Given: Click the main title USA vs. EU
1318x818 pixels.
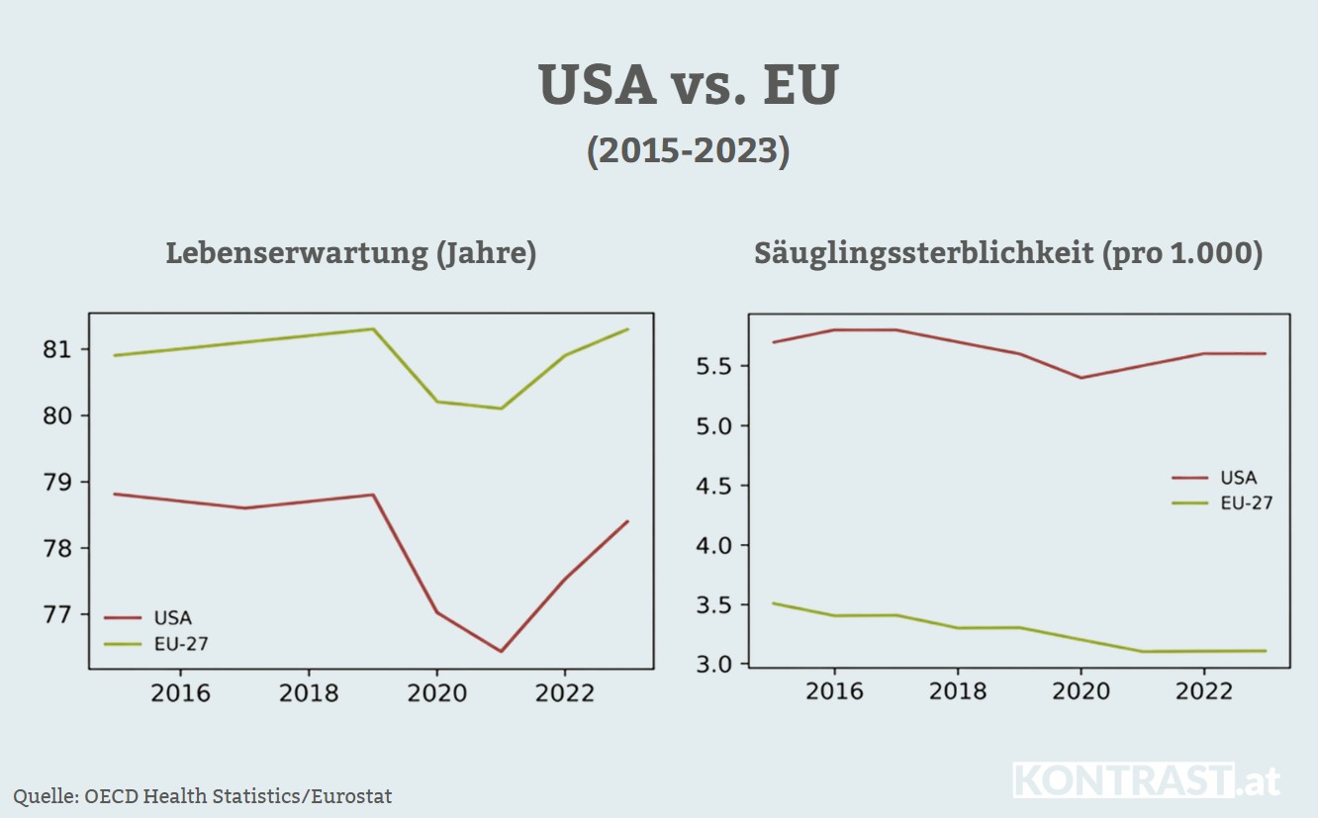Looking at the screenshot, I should tap(689, 86).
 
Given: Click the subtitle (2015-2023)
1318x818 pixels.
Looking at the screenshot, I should tap(689, 151).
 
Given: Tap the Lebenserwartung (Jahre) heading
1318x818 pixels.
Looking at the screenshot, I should tap(351, 253).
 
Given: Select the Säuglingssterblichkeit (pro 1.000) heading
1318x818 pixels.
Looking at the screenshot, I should tap(1008, 253).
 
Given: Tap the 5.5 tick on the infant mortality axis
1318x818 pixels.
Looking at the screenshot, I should tap(711, 366).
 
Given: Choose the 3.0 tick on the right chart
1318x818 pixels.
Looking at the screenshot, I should tap(711, 664).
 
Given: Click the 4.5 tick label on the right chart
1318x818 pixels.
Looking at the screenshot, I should tap(711, 486).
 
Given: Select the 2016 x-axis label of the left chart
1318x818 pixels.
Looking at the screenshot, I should tap(180, 692).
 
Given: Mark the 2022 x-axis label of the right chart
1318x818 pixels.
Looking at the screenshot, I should tap(1203, 689).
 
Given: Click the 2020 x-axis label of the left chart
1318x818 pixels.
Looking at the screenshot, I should tap(436, 692).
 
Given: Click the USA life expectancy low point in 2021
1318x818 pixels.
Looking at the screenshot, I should tap(501, 651).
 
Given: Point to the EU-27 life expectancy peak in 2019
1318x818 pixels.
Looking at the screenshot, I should tap(373, 328).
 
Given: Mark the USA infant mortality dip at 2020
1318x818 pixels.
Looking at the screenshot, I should tap(1081, 378).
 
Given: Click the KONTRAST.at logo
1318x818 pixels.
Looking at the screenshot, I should tap(1146, 780).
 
